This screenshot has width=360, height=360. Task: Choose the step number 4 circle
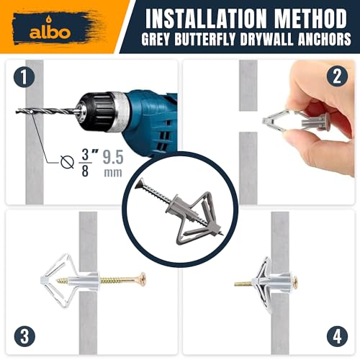335,335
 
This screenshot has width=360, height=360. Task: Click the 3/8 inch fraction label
86,160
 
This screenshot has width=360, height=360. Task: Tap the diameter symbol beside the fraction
67,161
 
